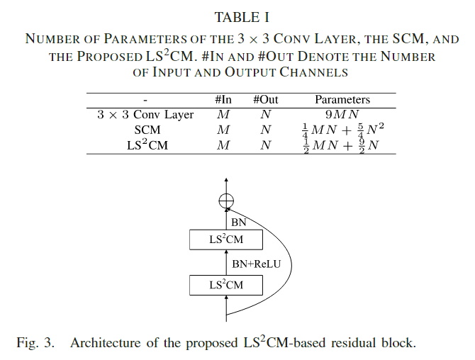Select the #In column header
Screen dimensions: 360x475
pyautogui.click(x=223, y=100)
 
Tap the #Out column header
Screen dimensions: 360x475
pyautogui.click(x=265, y=100)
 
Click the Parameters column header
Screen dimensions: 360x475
pyautogui.click(x=342, y=100)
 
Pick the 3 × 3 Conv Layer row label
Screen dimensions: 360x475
pyautogui.click(x=145, y=114)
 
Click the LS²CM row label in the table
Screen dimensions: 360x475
pyautogui.click(x=147, y=145)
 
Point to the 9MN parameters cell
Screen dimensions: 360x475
pyautogui.click(x=342, y=114)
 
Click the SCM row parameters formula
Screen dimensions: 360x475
pyautogui.click(x=342, y=130)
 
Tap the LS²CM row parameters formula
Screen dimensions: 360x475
pyautogui.click(x=342, y=145)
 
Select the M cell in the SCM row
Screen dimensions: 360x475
pyautogui.click(x=223, y=130)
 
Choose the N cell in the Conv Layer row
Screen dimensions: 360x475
pyautogui.click(x=265, y=114)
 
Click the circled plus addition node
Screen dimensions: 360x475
pyautogui.click(x=225, y=201)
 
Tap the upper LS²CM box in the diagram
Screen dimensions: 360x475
pyautogui.click(x=225, y=240)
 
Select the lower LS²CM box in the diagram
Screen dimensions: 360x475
pyautogui.click(x=225, y=285)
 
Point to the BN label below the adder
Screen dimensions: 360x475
pyautogui.click(x=240, y=222)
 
